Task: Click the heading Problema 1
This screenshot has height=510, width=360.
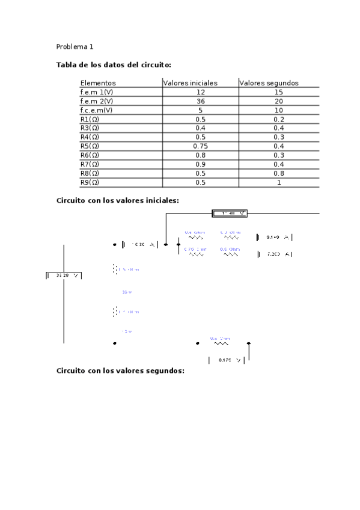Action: pos(75,46)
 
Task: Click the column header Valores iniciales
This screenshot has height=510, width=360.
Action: pos(191,83)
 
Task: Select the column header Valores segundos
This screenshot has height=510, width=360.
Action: pos(269,83)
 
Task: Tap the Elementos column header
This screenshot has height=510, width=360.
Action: pos(98,83)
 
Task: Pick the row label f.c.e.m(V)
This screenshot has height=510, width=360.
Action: pos(96,110)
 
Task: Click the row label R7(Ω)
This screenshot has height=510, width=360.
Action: pos(90,164)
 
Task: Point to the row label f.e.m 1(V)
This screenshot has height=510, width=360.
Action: pos(96,92)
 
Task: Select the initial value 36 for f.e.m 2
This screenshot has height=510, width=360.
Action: pos(200,101)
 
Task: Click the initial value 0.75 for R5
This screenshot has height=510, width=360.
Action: pos(200,146)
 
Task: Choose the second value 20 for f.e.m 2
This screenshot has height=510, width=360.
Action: pos(278,101)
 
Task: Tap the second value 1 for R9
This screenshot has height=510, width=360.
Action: pos(278,182)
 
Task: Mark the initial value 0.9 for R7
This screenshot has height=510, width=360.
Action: pos(200,164)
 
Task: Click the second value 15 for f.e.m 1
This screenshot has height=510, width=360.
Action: pos(278,92)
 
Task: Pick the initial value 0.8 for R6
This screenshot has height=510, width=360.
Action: pos(200,155)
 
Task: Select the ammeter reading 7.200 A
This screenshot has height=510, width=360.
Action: pos(275,254)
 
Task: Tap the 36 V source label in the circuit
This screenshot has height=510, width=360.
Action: pos(126,292)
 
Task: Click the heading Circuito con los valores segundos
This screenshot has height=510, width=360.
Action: pos(120,371)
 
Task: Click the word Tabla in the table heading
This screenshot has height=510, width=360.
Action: pos(66,64)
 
